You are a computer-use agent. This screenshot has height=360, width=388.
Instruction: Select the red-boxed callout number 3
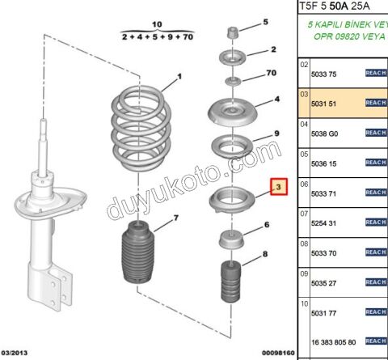(279, 188)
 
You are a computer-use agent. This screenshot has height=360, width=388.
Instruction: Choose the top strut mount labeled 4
(233, 111)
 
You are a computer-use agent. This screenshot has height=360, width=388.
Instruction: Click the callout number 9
(276, 133)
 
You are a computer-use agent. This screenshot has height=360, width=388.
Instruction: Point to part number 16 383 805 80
(333, 341)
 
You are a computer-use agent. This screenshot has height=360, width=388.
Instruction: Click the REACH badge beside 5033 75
(376, 73)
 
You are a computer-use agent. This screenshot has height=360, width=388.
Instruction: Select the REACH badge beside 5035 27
(376, 282)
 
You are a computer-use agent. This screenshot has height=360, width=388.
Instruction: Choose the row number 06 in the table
(304, 183)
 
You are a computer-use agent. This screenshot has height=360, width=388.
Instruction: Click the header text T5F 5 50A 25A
(339, 7)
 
